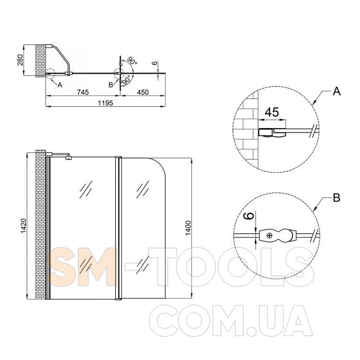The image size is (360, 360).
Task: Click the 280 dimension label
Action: click(x=21, y=60)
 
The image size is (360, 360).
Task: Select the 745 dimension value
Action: click(x=83, y=92)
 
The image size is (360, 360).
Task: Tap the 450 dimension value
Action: click(x=143, y=92)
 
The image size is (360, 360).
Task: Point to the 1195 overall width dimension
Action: click(x=106, y=103)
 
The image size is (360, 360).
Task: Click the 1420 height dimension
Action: click(x=24, y=226)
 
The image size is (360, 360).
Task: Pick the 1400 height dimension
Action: click(x=188, y=228)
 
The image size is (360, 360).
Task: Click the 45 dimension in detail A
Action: click(x=272, y=112)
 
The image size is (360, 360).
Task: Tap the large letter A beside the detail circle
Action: click(x=336, y=91)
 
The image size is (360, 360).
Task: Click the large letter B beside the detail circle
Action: click(x=336, y=198)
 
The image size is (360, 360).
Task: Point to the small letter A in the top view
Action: click(x=60, y=85)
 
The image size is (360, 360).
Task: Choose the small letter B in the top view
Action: click(x=111, y=85)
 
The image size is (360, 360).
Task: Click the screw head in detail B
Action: click(x=270, y=235)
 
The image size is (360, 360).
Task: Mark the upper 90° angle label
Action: click(x=132, y=60)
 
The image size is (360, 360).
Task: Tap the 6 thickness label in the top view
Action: click(x=155, y=63)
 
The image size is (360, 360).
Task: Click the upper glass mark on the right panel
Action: click(x=143, y=190)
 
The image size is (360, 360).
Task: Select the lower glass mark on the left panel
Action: click(x=86, y=264)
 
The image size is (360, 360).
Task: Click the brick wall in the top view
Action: click(x=40, y=61)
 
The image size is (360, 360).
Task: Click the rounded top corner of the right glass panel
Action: click(x=159, y=164)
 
